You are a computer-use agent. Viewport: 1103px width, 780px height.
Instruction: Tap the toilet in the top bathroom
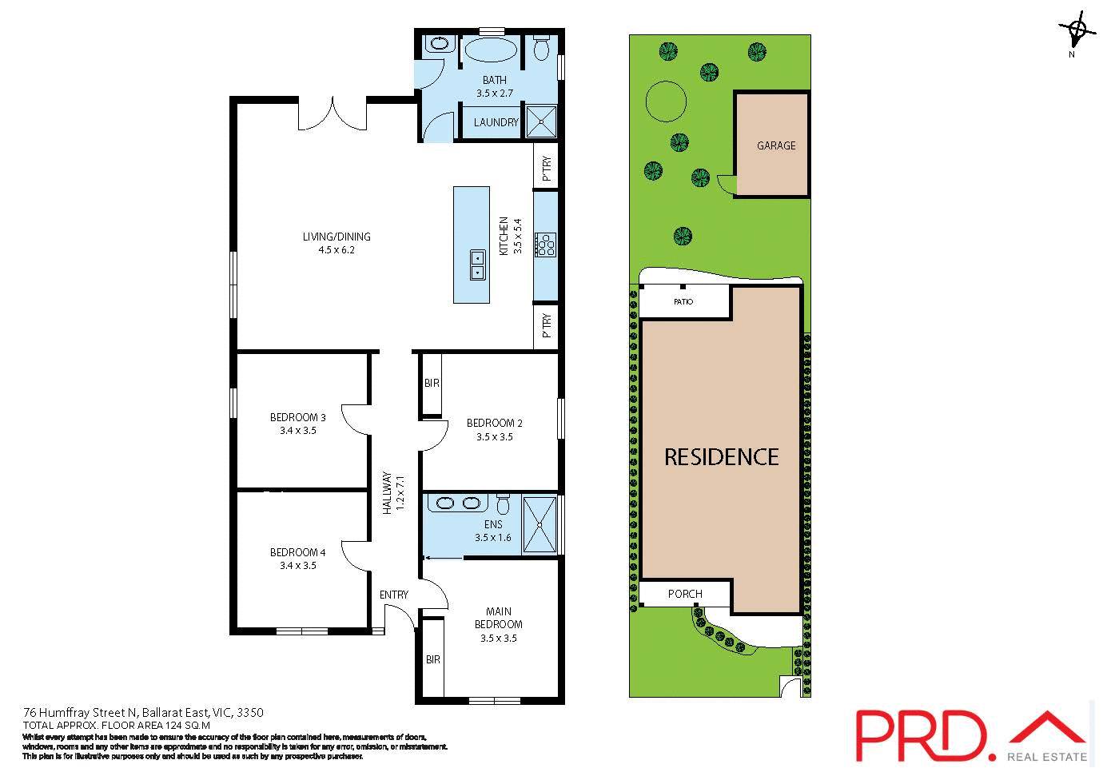point(541,48)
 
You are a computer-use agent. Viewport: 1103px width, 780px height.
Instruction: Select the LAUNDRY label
point(496,122)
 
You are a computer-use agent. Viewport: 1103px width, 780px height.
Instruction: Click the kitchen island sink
point(477,265)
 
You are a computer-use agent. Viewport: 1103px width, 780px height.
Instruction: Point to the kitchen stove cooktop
point(547,245)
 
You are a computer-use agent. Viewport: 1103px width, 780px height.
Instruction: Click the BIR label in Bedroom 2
point(432,384)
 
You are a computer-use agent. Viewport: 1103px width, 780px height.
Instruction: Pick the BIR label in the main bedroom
point(433,659)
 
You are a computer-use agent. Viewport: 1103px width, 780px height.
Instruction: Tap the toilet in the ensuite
point(503,505)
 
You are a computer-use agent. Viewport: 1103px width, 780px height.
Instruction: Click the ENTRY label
point(393,595)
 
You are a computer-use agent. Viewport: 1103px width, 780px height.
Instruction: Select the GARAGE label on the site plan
point(776,145)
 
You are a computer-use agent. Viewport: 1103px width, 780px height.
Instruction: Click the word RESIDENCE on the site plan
point(721,457)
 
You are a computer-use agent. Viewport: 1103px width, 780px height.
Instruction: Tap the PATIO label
point(683,301)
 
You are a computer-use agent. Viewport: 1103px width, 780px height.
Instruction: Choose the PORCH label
point(685,594)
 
